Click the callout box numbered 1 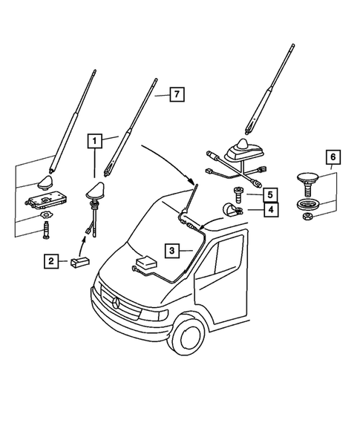94,139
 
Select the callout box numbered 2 51,260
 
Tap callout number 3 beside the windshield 171,252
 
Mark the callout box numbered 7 175,94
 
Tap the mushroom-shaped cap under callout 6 306,179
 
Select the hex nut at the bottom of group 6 306,215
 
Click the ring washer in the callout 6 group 306,203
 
